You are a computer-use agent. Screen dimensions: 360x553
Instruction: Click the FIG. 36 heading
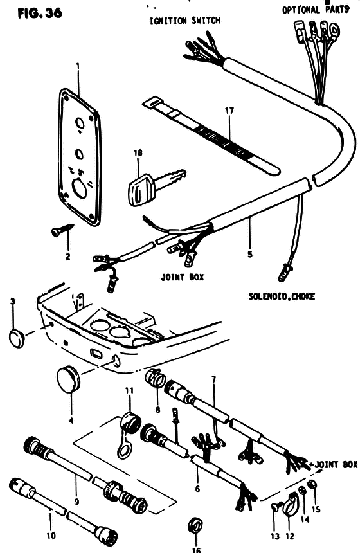point(40,13)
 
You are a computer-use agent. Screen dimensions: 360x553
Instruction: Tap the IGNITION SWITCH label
point(185,21)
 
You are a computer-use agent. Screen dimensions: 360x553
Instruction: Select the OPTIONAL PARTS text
point(316,10)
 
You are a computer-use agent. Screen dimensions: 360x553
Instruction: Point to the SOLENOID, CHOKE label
point(282,296)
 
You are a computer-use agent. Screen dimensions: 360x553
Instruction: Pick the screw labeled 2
point(63,230)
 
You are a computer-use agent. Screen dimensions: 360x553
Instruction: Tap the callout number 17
point(230,111)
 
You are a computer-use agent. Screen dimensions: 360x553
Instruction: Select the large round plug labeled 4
point(68,379)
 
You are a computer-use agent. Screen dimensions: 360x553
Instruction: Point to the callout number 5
point(250,253)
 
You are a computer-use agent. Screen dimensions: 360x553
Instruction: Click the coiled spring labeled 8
point(156,377)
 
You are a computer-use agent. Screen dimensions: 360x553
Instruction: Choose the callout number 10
point(51,536)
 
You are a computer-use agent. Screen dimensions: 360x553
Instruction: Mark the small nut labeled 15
point(312,485)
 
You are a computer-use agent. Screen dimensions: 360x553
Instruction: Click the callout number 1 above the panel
point(78,66)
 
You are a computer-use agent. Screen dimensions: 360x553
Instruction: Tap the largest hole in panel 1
point(78,188)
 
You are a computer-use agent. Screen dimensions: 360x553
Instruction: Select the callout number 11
point(129,390)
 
